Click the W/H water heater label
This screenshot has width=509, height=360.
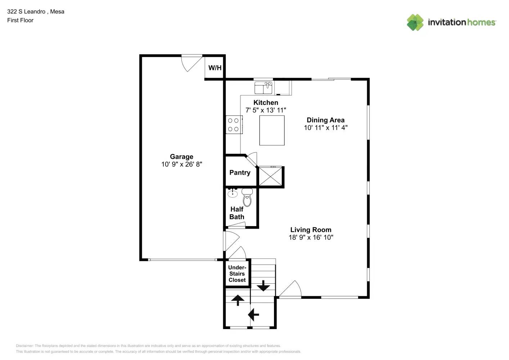[x=215, y=68]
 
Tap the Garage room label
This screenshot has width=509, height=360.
[x=181, y=157]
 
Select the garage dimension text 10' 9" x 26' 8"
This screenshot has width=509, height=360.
[x=181, y=164]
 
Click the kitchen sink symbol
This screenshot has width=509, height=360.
[x=263, y=88]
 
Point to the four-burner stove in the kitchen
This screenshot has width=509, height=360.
[x=234, y=125]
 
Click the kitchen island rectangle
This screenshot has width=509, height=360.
[x=272, y=130]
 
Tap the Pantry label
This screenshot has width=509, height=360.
[x=240, y=172]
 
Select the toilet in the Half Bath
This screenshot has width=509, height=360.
[x=247, y=197]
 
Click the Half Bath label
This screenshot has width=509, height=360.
[x=237, y=213]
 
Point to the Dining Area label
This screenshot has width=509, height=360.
[x=325, y=120]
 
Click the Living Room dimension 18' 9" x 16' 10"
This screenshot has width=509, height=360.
[x=311, y=237]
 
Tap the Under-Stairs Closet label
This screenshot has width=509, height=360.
[x=237, y=274]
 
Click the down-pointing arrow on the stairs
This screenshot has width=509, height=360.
[x=263, y=285]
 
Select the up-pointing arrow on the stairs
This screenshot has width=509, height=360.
[x=238, y=300]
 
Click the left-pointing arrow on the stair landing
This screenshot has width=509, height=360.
[x=253, y=314]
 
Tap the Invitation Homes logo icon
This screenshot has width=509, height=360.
[x=415, y=22]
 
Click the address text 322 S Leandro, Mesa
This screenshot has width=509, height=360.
[x=36, y=12]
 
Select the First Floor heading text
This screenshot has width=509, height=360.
[x=20, y=20]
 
